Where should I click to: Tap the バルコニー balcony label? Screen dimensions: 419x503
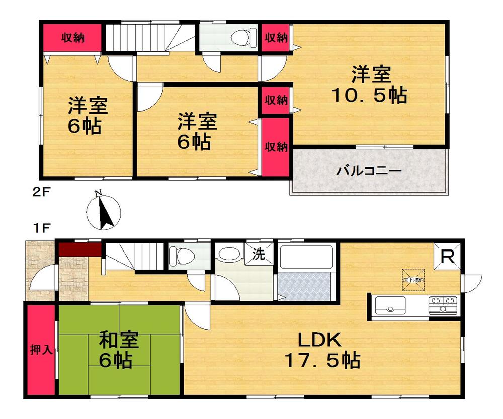(369, 171)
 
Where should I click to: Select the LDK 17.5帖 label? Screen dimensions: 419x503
(322, 350)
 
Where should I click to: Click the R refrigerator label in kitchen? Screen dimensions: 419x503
(447, 257)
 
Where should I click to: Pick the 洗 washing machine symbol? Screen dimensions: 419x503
(258, 254)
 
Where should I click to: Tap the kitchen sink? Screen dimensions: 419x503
(390, 305)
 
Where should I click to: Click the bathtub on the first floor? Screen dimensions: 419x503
(306, 258)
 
